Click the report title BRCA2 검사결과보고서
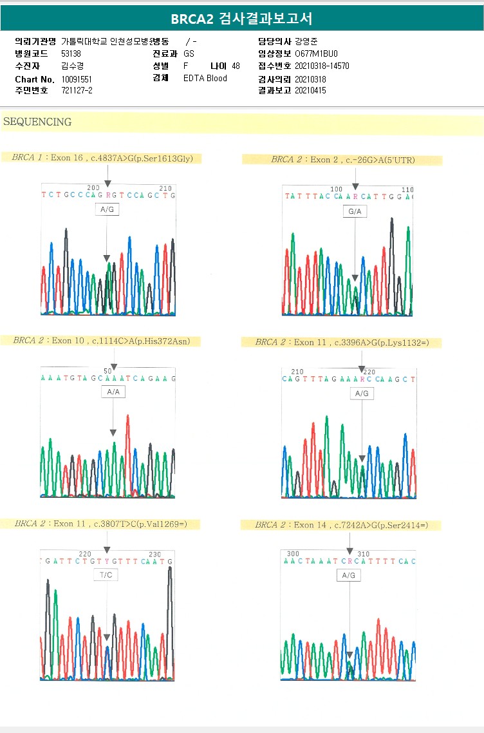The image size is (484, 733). point(241,19)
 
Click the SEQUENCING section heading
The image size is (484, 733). point(37,122)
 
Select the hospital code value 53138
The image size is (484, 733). point(71,53)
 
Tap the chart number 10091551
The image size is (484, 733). point(77,79)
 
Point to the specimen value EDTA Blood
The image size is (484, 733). point(205,79)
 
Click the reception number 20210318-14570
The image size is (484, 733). point(322,66)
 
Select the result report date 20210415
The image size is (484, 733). point(310,91)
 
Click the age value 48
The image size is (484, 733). point(236,66)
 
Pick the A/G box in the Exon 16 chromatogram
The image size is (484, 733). point(107,209)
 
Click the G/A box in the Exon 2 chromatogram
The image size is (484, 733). point(355,211)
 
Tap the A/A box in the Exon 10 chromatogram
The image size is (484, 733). point(113,392)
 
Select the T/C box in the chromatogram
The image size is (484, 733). point(106,575)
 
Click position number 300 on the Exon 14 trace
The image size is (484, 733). point(293,553)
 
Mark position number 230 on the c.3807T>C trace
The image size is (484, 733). point(154,554)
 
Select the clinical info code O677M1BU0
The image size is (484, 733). point(316,53)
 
